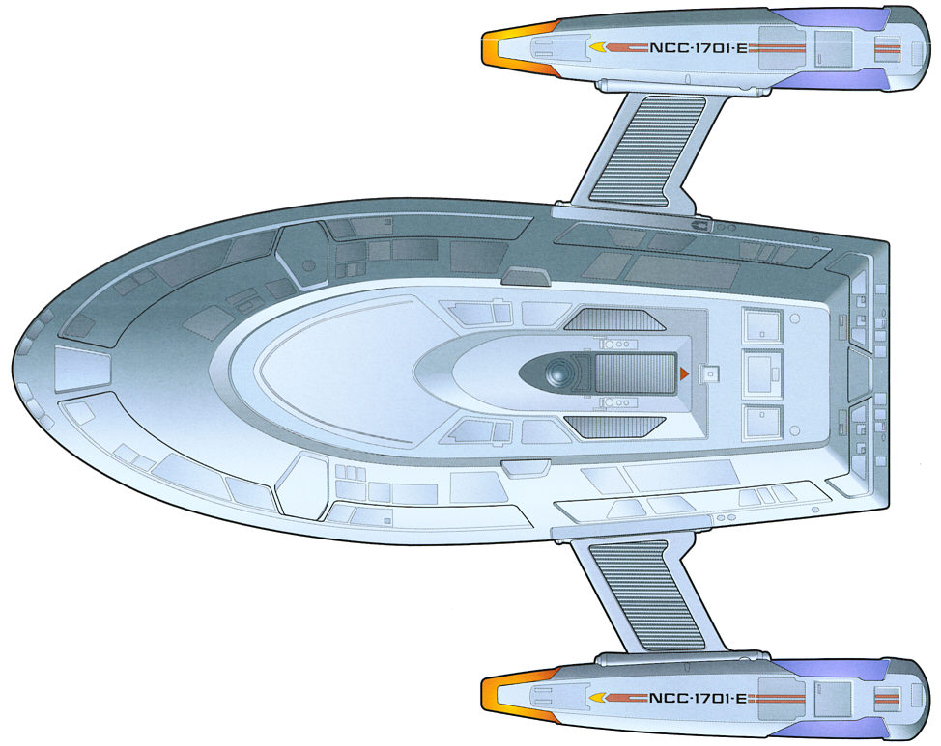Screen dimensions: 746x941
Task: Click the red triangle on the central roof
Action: pyautogui.click(x=684, y=373)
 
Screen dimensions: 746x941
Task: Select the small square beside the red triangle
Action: pyautogui.click(x=712, y=373)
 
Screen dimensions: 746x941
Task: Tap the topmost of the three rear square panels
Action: pyautogui.click(x=762, y=324)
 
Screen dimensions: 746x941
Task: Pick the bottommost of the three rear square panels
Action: pyautogui.click(x=762, y=422)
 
